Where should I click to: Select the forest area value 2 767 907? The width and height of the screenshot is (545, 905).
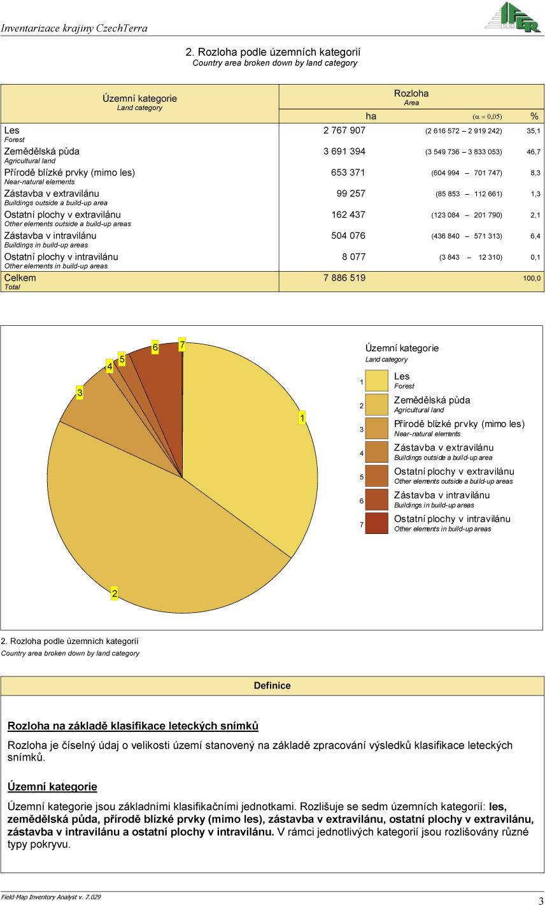[344, 130]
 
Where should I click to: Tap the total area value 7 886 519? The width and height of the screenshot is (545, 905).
[344, 278]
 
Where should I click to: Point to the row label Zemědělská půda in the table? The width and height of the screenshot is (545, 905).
[42, 151]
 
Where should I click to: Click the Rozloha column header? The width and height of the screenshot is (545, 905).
[411, 94]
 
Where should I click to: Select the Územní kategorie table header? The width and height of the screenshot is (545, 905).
[139, 99]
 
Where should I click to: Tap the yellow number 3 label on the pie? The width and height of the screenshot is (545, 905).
[80, 393]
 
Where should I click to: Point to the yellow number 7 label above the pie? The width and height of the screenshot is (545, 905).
[182, 344]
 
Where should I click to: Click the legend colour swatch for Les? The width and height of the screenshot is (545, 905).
[376, 381]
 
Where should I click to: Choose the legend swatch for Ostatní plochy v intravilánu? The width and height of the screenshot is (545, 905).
[376, 523]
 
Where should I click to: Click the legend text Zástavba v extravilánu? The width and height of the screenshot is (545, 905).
[443, 447]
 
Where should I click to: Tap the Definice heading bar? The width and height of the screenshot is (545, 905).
[272, 685]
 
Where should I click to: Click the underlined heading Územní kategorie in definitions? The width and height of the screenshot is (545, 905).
[52, 787]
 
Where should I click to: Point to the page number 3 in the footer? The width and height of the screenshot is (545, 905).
[541, 901]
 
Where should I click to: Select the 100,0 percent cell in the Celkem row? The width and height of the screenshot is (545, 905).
[532, 278]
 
